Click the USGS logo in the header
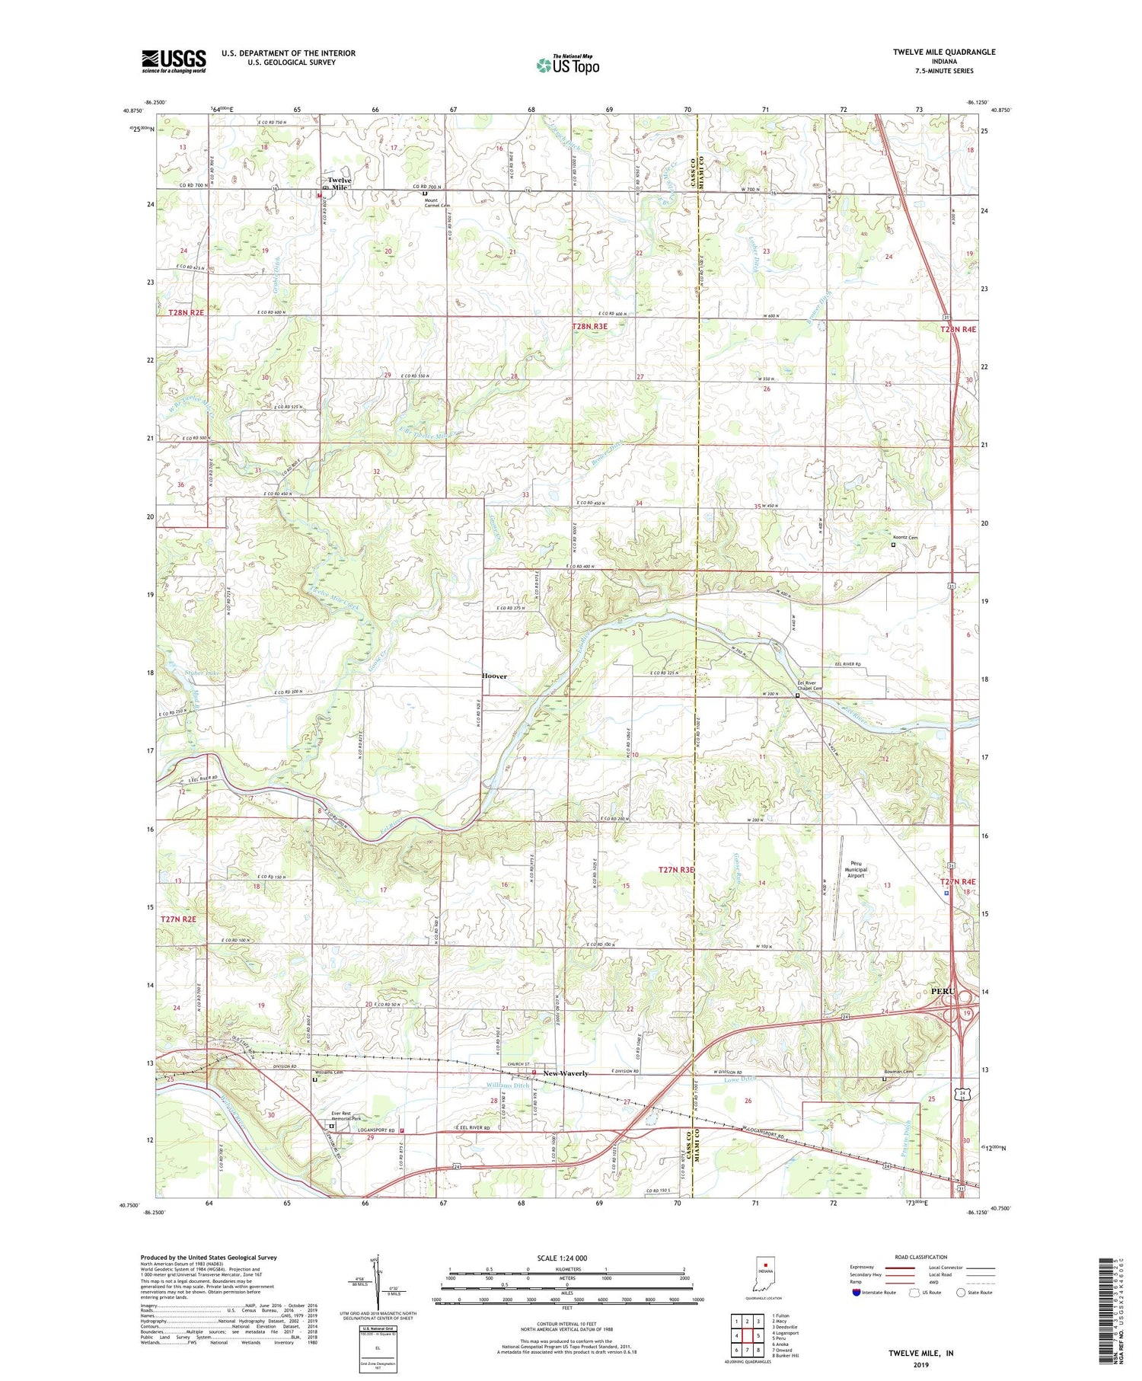[x=174, y=61]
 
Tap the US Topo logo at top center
[x=568, y=66]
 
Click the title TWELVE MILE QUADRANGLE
[x=944, y=52]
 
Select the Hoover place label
[x=494, y=676]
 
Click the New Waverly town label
[x=566, y=1073]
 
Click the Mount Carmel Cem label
[x=437, y=205]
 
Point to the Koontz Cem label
[x=906, y=538]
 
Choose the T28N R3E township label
[x=589, y=326]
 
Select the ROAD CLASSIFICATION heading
[x=921, y=1257]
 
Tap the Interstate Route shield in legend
[x=856, y=1292]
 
